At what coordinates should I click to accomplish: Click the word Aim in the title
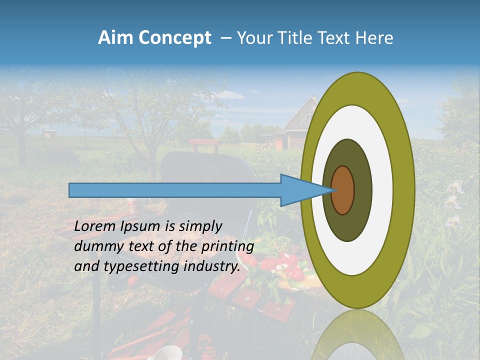pos(115,38)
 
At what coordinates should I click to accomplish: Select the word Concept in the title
pos(174,38)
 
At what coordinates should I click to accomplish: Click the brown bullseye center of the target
pos(343,190)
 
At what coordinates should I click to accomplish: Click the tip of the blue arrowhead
pos(332,190)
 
